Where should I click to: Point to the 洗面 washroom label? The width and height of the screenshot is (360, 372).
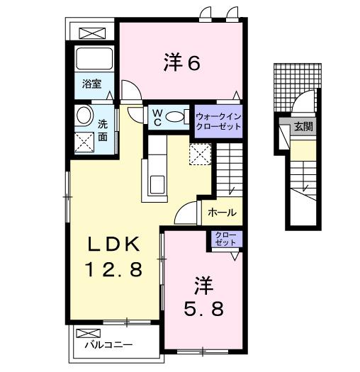[103, 128]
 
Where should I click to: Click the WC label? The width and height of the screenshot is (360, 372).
[155, 115]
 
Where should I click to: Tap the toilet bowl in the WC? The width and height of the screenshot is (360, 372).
[179, 116]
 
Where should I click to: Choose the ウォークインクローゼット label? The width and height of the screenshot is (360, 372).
[218, 118]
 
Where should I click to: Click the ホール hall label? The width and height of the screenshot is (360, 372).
[222, 212]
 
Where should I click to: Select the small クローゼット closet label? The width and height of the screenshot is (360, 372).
[225, 239]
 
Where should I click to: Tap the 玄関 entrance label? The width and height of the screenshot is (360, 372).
[303, 128]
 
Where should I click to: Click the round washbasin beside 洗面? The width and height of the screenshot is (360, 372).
[83, 116]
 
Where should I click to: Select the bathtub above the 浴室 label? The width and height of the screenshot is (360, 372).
[91, 59]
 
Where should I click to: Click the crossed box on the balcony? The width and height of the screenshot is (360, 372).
[85, 332]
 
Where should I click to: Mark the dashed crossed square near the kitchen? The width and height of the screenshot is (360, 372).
[199, 153]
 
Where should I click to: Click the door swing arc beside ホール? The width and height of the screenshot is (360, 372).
[188, 210]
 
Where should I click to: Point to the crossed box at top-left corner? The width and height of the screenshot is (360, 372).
[91, 33]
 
